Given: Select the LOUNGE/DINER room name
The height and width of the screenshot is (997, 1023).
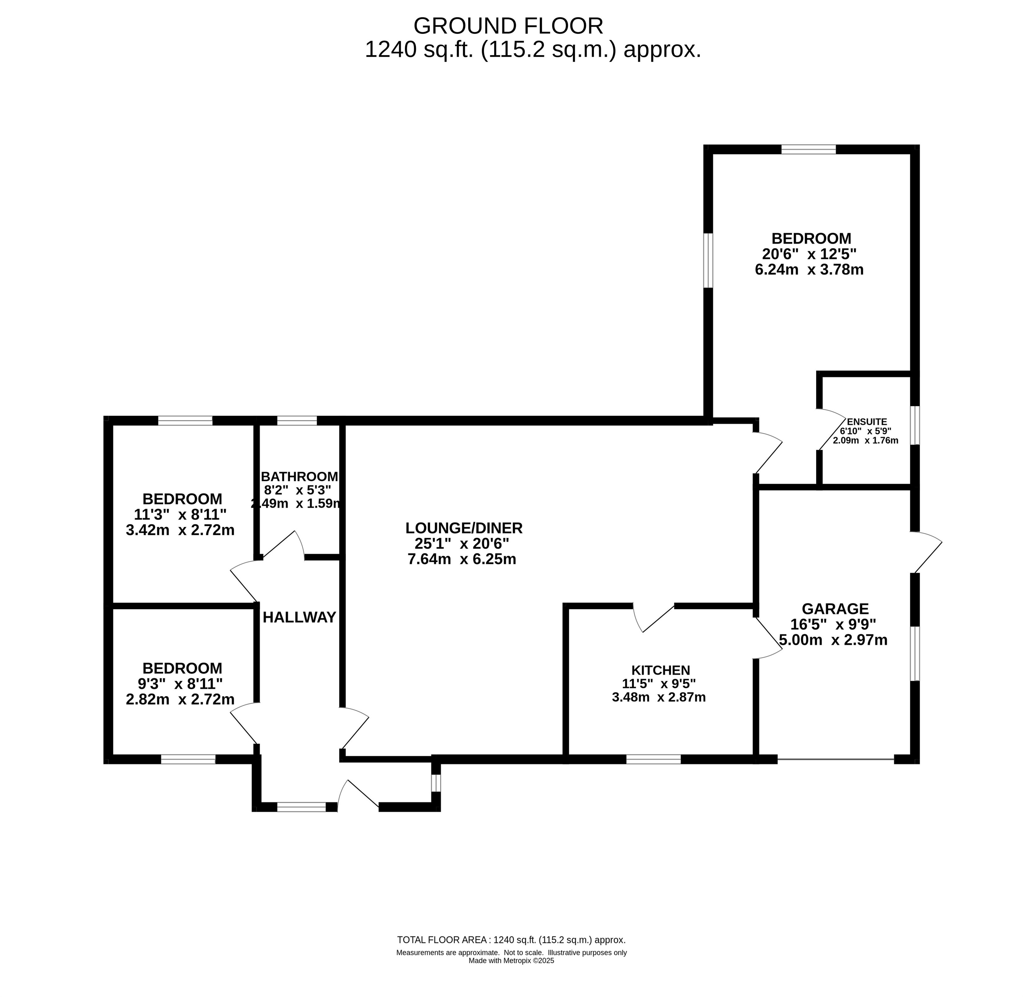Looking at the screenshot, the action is tap(464, 528).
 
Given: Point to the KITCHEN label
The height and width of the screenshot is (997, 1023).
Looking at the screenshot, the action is tap(661, 670).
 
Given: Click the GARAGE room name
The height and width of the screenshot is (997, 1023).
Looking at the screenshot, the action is tap(835, 609).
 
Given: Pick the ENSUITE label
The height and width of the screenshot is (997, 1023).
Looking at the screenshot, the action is tap(867, 421).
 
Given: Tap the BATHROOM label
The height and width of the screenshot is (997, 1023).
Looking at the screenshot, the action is tap(299, 477).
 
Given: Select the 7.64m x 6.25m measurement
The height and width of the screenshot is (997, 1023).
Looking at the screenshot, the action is tap(462, 559).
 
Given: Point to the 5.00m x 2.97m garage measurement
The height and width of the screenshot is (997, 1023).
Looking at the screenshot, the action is tap(834, 640).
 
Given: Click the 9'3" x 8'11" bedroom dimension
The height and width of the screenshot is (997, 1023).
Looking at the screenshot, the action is tap(180, 684).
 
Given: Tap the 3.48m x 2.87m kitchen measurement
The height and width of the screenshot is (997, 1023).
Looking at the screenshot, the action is tap(659, 697).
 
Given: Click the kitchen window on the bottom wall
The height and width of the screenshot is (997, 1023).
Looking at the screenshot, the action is tap(653, 759).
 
